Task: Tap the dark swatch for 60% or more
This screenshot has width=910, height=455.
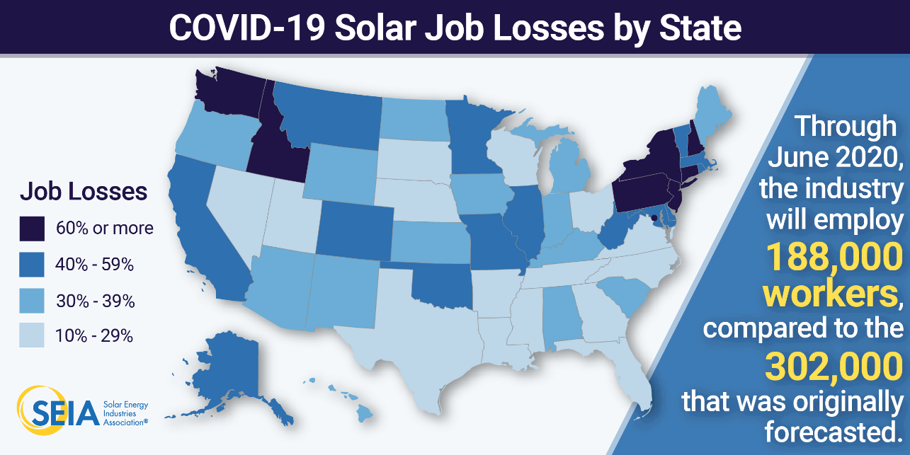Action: (x=33, y=229)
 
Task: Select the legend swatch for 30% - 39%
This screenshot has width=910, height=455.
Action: (x=33, y=301)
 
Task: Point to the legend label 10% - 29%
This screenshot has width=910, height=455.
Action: (x=94, y=336)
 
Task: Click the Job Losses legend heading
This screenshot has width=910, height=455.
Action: (x=83, y=191)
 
